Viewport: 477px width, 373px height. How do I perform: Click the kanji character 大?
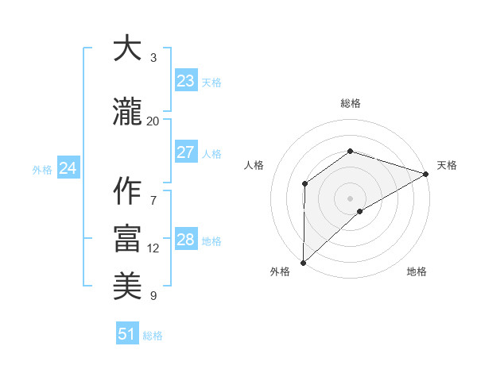click(x=127, y=49)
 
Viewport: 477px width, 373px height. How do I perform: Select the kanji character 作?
click(x=127, y=191)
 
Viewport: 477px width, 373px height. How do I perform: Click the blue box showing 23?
click(x=185, y=81)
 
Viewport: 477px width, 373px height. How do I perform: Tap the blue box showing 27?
click(x=185, y=152)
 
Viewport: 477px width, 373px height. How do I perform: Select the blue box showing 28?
click(x=185, y=240)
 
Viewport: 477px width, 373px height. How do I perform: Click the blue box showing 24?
click(x=68, y=168)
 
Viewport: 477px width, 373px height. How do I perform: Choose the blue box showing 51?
click(x=127, y=334)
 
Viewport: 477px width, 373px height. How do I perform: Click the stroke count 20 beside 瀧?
click(x=153, y=121)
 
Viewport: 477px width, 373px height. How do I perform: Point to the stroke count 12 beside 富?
click(x=153, y=248)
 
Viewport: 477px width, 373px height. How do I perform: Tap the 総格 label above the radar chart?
click(x=351, y=103)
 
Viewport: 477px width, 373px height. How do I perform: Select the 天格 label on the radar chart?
click(x=447, y=165)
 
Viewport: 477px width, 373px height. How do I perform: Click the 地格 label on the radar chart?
click(x=417, y=272)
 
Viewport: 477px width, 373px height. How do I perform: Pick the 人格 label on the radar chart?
click(x=254, y=165)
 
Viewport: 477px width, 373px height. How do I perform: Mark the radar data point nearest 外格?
click(x=303, y=263)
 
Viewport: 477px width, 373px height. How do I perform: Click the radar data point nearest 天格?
click(x=426, y=173)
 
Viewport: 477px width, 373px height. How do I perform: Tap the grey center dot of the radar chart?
click(x=351, y=198)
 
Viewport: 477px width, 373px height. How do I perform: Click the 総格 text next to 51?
click(x=153, y=336)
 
